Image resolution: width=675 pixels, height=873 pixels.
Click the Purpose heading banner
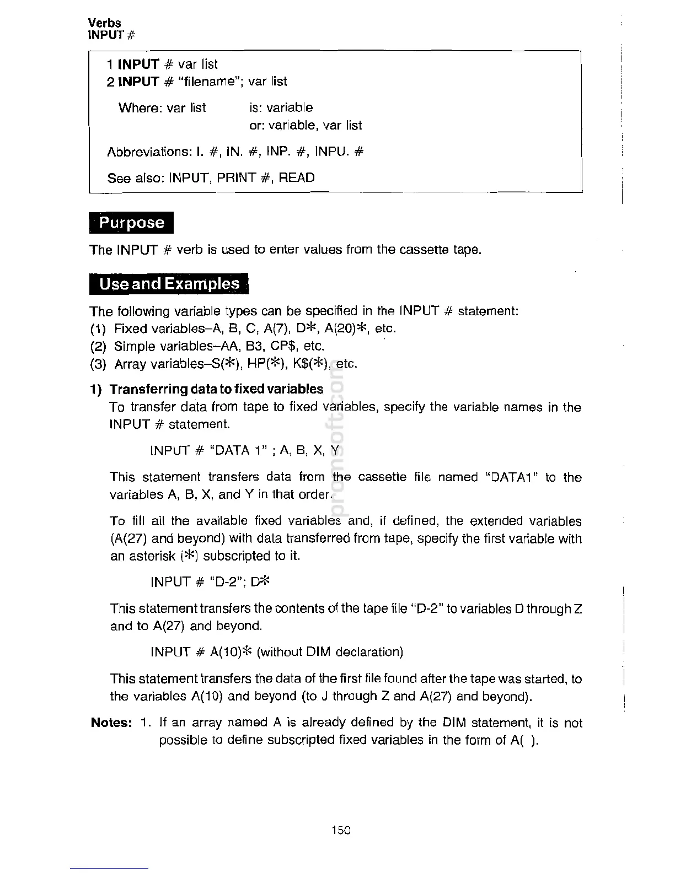(x=131, y=223)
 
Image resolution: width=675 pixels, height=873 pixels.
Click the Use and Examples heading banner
(x=169, y=284)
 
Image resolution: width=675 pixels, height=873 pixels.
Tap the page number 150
(x=341, y=829)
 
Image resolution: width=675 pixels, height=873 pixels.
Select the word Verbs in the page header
(x=105, y=23)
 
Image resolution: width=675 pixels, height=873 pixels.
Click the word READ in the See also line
(x=297, y=177)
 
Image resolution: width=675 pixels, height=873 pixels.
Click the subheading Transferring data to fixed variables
(x=216, y=389)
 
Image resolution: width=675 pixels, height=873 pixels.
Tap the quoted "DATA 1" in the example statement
(x=239, y=450)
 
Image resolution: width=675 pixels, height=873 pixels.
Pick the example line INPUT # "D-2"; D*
(x=210, y=581)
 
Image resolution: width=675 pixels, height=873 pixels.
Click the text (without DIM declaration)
(x=330, y=652)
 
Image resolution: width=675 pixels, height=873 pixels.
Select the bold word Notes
(x=111, y=723)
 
